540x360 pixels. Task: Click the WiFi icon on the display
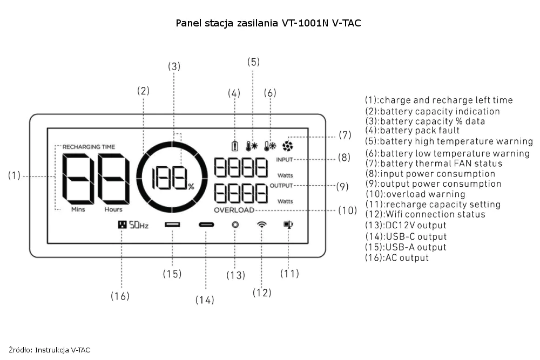tap(262, 225)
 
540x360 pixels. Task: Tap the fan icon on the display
tap(288, 146)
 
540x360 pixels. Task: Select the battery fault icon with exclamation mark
tap(234, 146)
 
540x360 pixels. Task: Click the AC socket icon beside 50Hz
tap(122, 225)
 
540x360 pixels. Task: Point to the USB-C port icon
tap(206, 225)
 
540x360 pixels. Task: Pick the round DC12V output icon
tap(235, 225)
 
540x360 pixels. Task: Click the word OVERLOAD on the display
tap(234, 210)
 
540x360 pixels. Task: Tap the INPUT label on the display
tap(285, 160)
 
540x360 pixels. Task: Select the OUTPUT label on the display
tap(281, 186)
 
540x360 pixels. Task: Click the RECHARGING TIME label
tap(89, 147)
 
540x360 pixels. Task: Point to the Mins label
tap(78, 209)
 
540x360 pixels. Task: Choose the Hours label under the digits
tap(113, 209)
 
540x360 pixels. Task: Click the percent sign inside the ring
tap(191, 187)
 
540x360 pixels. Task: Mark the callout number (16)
tap(120, 296)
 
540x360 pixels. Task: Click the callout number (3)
tap(174, 66)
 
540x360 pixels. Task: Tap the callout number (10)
tap(347, 210)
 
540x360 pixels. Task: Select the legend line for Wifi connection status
tap(426, 214)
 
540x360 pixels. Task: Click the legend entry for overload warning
tap(415, 194)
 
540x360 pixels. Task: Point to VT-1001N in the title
tap(305, 23)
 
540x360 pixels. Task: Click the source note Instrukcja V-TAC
tap(62, 350)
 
